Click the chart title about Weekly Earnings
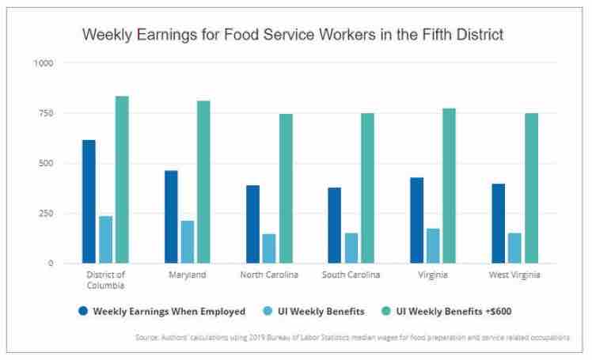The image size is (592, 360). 293,35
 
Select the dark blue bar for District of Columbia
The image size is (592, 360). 89,202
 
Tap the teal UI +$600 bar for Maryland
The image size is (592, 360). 203,182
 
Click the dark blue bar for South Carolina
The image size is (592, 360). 334,225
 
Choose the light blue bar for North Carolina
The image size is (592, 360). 269,248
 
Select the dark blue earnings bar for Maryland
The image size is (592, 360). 171,217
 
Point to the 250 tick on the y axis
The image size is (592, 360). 46,214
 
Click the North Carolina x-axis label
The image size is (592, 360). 269,275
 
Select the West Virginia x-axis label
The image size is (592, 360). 514,275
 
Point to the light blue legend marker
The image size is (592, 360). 272,311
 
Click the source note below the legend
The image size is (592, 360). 352,337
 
